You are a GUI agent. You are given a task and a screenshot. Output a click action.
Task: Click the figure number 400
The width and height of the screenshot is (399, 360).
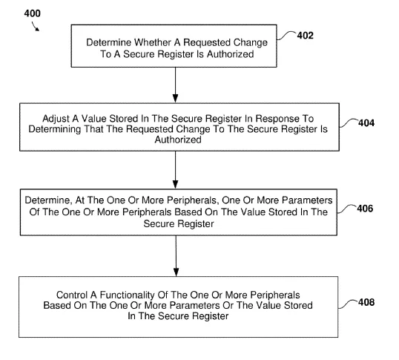click(x=33, y=13)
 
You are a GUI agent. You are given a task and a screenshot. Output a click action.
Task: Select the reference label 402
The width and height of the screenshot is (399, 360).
click(x=305, y=36)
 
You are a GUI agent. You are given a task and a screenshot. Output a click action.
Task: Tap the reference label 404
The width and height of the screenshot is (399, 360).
click(x=366, y=123)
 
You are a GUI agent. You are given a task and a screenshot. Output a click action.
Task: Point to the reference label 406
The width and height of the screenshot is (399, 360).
click(x=365, y=209)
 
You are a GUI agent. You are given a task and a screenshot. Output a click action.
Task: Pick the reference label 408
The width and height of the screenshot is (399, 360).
click(x=366, y=302)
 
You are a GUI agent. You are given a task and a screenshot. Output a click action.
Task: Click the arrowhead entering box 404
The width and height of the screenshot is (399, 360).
click(x=175, y=98)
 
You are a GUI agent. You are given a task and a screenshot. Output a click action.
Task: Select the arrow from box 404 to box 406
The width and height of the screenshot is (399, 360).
click(x=175, y=170)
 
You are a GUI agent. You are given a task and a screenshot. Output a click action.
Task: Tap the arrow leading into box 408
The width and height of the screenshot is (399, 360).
click(x=176, y=256)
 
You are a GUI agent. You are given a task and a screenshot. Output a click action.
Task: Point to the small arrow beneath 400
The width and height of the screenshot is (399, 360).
click(x=36, y=27)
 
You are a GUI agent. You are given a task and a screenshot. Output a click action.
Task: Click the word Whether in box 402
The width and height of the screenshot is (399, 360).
click(x=153, y=42)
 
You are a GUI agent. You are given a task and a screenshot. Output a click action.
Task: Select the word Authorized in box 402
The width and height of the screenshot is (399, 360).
click(x=231, y=54)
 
